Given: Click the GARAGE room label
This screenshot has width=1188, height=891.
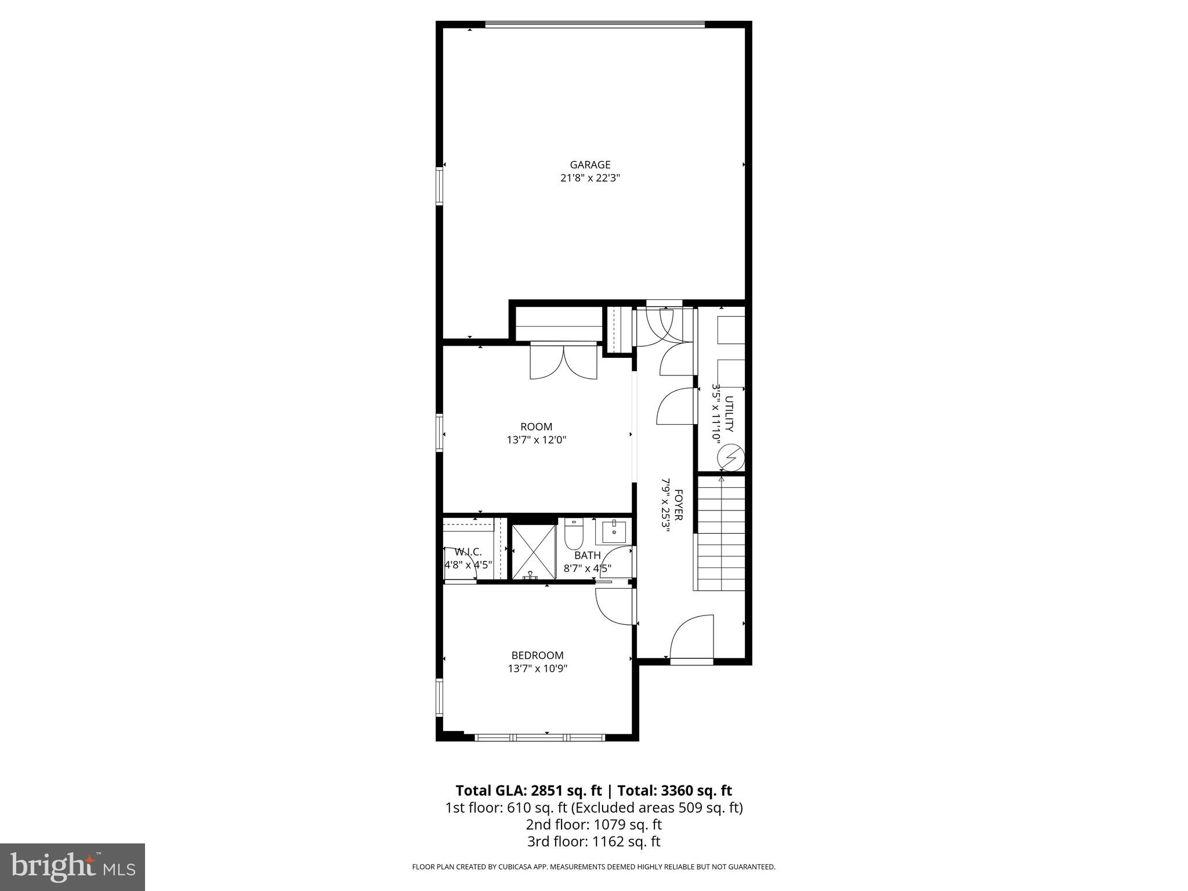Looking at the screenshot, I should pos(590,165).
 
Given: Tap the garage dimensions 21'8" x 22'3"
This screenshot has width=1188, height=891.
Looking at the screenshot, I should pos(590,179).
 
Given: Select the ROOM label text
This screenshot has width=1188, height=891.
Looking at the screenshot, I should pos(536,427).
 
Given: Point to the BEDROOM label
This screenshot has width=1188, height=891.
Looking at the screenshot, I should pos(537,655).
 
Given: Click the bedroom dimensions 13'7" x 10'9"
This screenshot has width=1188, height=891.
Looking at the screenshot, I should pos(537,669).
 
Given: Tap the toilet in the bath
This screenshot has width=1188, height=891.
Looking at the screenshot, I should pos(573,534).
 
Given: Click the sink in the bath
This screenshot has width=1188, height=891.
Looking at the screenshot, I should pos(613,530).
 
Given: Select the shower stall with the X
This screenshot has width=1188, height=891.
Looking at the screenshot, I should pos(531,551).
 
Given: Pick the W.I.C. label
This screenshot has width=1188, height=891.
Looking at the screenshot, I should pos(468,552).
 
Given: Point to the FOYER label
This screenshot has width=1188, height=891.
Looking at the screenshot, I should pos(678,505).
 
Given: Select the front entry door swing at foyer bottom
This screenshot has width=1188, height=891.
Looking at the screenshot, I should pos(691,638).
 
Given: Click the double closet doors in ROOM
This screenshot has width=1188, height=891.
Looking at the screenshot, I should pos(563,363).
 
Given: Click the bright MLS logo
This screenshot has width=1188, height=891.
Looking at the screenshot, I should pos(73,867).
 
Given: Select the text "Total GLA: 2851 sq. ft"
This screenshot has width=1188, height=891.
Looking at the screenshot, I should pos(528,791).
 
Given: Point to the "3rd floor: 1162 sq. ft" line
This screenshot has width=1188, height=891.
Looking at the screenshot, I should pos(593,842).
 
